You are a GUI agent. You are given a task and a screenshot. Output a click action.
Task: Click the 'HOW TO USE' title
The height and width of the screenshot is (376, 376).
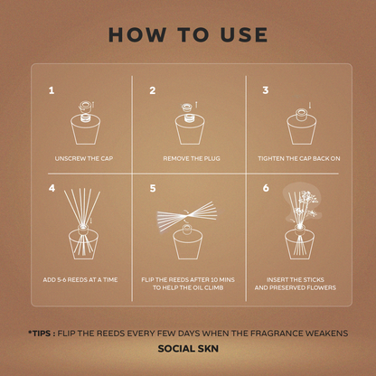[188, 34]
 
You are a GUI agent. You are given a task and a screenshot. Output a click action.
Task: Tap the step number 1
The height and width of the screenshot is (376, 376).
[52, 90]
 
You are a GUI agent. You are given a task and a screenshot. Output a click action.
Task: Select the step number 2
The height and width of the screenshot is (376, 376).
[153, 90]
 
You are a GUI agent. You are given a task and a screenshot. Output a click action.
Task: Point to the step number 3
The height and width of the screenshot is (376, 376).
[266, 90]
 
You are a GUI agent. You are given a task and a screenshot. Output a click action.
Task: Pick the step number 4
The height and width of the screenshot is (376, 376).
[52, 188]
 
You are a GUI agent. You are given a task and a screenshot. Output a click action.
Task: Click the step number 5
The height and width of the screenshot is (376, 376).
[153, 189]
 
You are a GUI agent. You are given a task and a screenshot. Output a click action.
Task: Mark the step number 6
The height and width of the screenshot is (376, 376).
[266, 188]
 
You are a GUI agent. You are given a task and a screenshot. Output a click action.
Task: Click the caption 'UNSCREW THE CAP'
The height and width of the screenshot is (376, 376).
[84, 158]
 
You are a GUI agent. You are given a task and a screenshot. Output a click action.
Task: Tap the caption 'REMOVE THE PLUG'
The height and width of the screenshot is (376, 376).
[192, 158]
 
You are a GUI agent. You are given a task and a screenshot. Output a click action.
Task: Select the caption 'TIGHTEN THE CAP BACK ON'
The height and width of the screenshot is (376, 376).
[299, 158]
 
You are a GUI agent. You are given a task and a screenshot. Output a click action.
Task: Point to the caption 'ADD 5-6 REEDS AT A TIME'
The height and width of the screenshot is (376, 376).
[80, 279]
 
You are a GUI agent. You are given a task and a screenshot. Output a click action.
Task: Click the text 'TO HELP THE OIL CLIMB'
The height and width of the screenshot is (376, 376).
[188, 287]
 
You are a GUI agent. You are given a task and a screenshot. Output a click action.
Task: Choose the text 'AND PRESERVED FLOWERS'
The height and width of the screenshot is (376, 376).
[296, 287]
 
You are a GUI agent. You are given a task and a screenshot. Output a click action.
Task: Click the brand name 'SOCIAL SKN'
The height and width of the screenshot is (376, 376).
[188, 349]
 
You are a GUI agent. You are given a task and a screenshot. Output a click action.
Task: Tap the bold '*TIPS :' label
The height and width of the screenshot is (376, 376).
[42, 334]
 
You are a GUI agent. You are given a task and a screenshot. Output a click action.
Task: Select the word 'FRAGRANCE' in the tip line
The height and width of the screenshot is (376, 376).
[277, 334]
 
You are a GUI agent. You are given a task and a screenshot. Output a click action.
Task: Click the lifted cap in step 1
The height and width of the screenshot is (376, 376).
[84, 106]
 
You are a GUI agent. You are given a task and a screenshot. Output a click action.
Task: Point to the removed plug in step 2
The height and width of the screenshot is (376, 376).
[186, 107]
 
